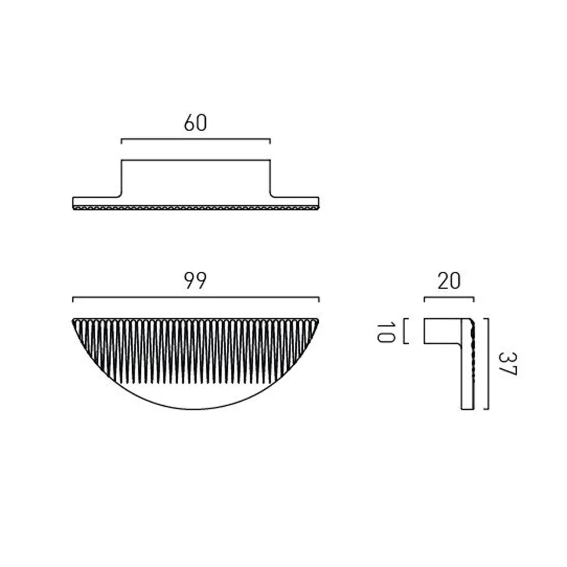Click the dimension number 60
195,123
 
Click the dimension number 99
195,280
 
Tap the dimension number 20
449,281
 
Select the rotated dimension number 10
385,333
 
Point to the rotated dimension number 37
508,364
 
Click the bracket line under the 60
196,139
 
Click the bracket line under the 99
196,298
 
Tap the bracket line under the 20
449,298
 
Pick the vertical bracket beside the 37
488,364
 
